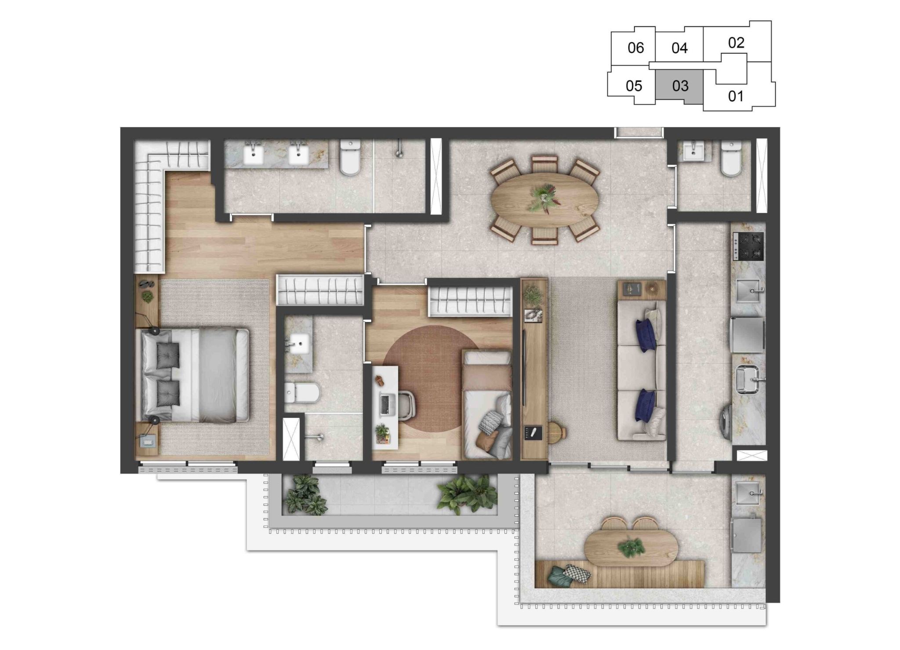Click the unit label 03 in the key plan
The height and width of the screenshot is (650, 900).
[x=680, y=86]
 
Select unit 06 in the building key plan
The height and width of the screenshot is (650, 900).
[x=635, y=47]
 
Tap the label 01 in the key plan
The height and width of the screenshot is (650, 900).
[x=736, y=96]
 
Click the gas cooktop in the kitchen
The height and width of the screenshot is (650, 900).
[x=748, y=246]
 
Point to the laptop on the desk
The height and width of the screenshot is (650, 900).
[x=385, y=404]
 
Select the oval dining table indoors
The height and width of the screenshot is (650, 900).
[x=545, y=199]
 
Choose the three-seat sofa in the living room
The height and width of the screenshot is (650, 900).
[x=642, y=370]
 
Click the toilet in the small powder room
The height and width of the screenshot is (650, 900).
[x=731, y=159]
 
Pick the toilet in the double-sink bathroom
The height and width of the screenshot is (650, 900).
[x=351, y=157]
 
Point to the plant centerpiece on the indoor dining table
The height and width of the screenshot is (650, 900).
[x=544, y=199]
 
